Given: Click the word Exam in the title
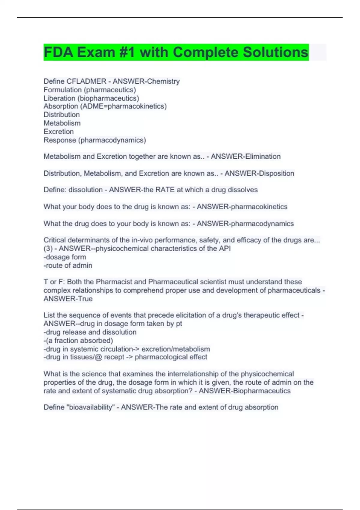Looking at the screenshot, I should (x=96, y=52).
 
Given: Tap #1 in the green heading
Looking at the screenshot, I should (x=127, y=52).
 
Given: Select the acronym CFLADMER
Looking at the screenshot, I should (x=86, y=81).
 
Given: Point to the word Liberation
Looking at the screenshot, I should (x=59, y=98).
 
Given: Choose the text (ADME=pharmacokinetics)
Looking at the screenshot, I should (x=123, y=106).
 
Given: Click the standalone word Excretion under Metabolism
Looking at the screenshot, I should (x=58, y=131).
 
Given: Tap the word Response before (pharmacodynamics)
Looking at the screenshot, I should (x=60, y=140).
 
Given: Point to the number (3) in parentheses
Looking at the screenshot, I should (x=48, y=249).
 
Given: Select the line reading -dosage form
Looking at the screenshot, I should (x=65, y=257).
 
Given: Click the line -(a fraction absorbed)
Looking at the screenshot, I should (x=78, y=340).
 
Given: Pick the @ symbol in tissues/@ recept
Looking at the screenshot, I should (x=98, y=357).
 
